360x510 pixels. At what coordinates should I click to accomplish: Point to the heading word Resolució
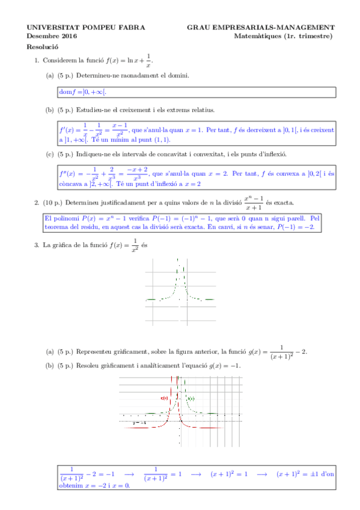point(42,46)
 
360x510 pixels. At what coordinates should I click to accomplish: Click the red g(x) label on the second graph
point(164,398)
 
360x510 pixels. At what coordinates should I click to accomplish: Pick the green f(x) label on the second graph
point(191,399)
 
